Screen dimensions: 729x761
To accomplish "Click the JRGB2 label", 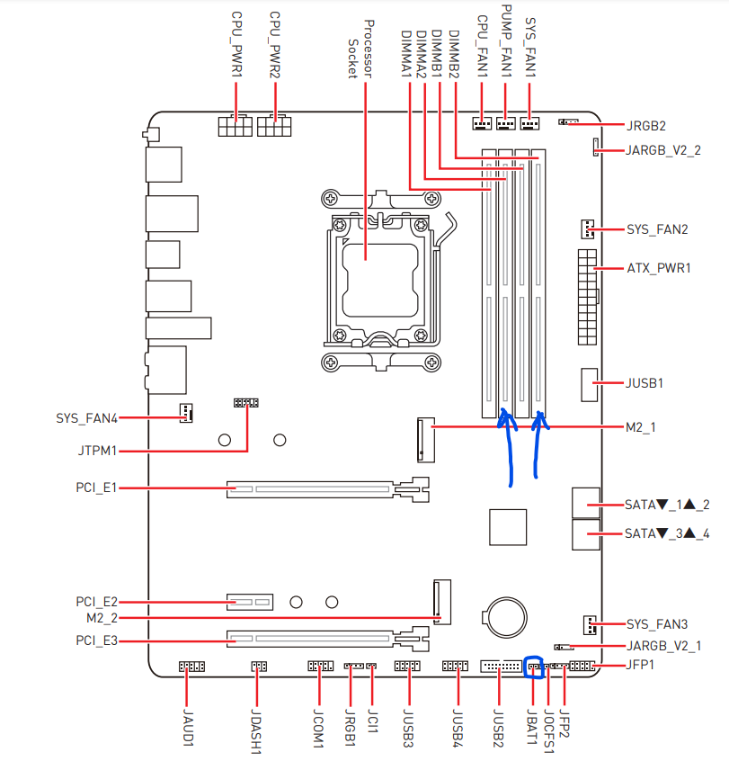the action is pyautogui.click(x=645, y=126).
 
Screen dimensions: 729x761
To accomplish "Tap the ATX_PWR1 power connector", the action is pyautogui.click(x=587, y=297).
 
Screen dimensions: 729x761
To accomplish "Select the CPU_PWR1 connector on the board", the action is pyautogui.click(x=236, y=126).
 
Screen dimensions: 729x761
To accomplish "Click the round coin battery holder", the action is pyautogui.click(x=504, y=617).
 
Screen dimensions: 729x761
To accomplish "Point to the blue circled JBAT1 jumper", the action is pyautogui.click(x=534, y=667).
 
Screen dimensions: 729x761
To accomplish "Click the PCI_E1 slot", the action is pyautogui.click(x=328, y=489).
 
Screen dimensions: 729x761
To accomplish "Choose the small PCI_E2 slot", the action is pyautogui.click(x=250, y=602).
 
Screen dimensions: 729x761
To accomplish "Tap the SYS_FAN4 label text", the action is pyautogui.click(x=87, y=418).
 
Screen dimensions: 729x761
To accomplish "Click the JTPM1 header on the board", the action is pyautogui.click(x=246, y=403).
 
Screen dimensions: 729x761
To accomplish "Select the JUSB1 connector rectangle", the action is pyautogui.click(x=590, y=384).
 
